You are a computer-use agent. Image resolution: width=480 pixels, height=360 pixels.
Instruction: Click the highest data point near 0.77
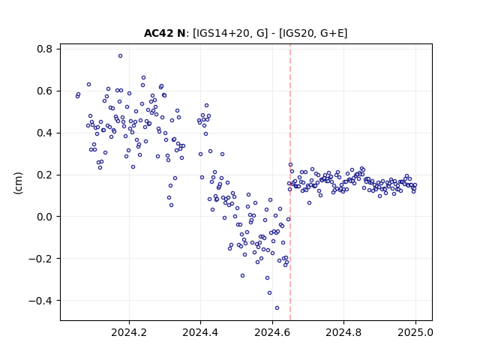coord(120,56)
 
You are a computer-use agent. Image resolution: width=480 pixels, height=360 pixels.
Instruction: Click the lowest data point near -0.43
coord(277,308)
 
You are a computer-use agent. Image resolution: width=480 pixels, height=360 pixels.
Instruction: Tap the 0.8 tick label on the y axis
coord(45,49)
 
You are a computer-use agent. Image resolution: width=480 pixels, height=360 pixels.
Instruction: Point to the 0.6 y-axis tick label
coord(45,91)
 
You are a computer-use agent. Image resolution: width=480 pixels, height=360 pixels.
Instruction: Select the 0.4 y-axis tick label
coord(45,133)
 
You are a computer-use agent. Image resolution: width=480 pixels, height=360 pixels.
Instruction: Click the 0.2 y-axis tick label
coord(45,175)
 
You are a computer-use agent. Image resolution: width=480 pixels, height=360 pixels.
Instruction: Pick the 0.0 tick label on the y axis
coord(45,217)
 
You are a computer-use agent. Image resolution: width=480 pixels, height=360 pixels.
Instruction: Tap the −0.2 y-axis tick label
coord(40,259)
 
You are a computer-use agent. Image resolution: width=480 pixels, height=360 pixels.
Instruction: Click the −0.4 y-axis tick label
coord(40,301)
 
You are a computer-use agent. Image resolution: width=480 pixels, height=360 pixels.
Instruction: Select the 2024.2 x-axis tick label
coord(129,332)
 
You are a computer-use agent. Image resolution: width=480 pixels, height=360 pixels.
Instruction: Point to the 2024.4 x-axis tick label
coord(200,332)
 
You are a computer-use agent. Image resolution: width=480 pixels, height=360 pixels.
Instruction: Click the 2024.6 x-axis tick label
coord(272,332)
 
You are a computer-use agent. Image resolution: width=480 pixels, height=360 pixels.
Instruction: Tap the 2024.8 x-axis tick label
coord(343,332)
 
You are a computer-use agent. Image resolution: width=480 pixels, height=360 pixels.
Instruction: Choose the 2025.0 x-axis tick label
coord(415,332)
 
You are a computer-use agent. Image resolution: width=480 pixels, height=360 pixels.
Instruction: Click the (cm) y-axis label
coord(18,183)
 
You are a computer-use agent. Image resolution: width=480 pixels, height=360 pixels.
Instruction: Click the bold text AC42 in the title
coord(159,33)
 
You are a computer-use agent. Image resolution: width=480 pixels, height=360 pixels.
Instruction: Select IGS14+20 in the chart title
coord(227,33)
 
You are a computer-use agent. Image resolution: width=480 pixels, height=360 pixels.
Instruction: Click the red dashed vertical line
coord(290,182)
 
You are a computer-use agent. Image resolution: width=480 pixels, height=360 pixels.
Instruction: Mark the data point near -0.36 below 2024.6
coord(270,293)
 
